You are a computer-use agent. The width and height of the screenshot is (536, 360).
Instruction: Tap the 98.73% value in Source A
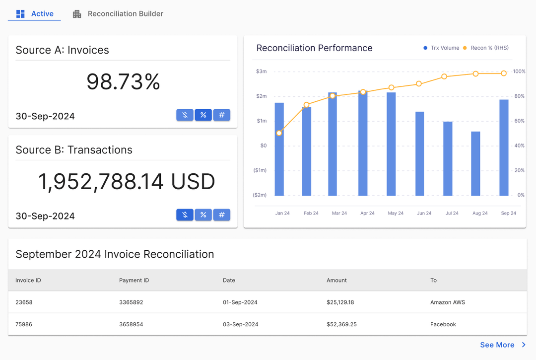tap(123, 82)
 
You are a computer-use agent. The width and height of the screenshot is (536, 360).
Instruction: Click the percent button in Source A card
tap(203, 115)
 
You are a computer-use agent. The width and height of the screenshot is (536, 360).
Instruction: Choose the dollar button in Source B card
tap(185, 215)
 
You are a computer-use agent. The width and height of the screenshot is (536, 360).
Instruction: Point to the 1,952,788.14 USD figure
tap(127, 182)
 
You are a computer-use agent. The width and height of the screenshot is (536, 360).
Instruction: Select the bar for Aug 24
tap(475, 163)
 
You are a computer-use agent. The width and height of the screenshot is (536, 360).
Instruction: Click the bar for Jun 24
tap(420, 153)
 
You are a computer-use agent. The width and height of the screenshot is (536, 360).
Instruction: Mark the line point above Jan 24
tap(279, 133)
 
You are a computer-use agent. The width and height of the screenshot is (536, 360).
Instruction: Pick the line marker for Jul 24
tap(444, 76)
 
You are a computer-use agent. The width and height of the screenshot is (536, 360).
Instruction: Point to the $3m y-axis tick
tap(261, 72)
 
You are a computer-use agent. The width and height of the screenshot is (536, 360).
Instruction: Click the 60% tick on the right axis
tap(519, 121)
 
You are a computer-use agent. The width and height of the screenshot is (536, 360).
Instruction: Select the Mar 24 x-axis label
tap(339, 214)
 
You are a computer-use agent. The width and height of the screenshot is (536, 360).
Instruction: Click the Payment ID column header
tap(134, 281)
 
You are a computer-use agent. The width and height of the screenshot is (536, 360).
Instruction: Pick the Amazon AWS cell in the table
tap(447, 302)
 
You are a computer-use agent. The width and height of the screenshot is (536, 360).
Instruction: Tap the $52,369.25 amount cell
tap(341, 325)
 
